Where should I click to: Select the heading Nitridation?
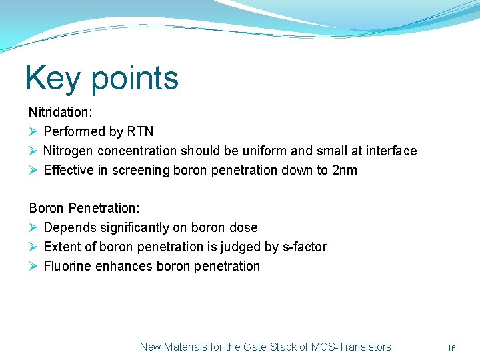(60, 113)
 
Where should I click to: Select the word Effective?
(69, 171)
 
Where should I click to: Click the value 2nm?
(344, 171)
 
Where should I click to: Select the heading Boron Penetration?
(84, 209)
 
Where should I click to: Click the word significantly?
(134, 228)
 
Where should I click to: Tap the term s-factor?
(305, 247)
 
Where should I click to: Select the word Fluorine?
(67, 267)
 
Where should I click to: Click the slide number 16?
(451, 348)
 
